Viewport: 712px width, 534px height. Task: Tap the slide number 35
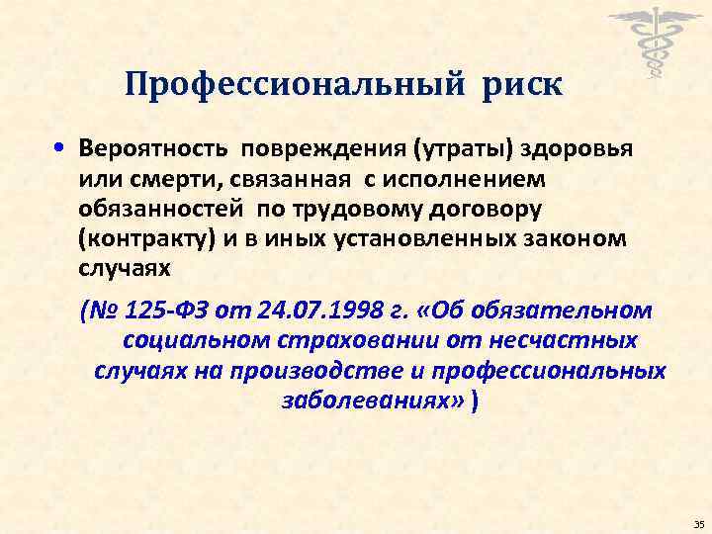(698, 522)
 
